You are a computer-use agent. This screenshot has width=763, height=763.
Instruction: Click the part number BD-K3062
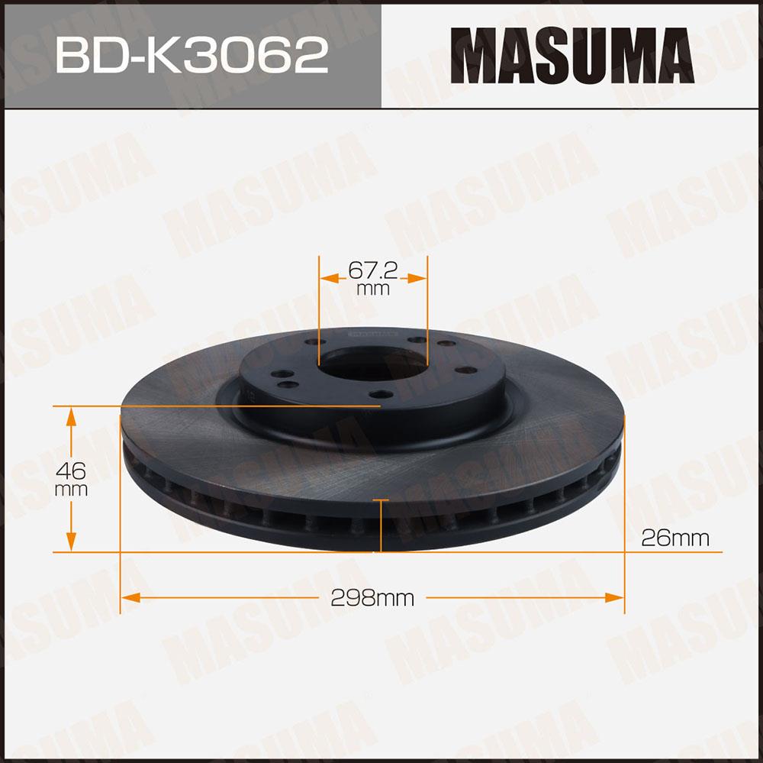192,55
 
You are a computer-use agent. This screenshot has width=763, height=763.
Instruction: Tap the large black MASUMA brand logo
571,55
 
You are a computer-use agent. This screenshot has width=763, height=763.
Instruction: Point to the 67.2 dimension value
373,270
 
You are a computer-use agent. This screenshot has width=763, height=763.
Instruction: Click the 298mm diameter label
372,597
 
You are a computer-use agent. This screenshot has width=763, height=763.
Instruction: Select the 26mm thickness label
675,538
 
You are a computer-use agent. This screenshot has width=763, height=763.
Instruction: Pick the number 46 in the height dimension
70,471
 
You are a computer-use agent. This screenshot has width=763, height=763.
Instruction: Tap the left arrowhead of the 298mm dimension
131,597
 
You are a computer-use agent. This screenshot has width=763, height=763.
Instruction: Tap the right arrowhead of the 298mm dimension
614,597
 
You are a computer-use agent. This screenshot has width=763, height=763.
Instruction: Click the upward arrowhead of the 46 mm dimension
71,417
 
